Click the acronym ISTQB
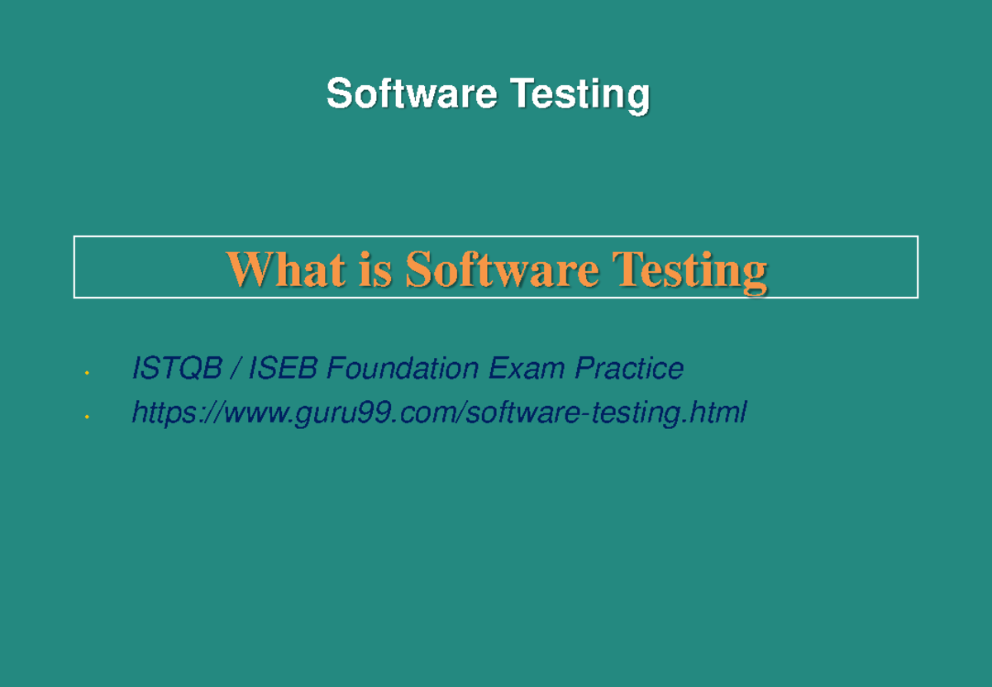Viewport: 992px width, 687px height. click(176, 369)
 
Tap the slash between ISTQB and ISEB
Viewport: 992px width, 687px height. click(236, 369)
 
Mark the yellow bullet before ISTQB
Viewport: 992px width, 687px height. click(85, 375)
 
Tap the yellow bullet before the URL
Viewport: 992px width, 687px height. click(85, 417)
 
